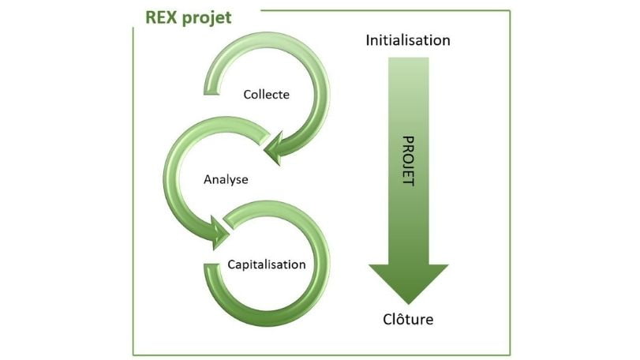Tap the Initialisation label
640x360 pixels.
408,39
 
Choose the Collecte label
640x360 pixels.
266,95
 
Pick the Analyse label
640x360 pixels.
226,179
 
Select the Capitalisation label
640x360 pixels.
266,264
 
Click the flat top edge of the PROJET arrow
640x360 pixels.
409,58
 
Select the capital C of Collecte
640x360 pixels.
247,95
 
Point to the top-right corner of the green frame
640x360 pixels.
510,11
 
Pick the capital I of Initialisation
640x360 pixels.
368,39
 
